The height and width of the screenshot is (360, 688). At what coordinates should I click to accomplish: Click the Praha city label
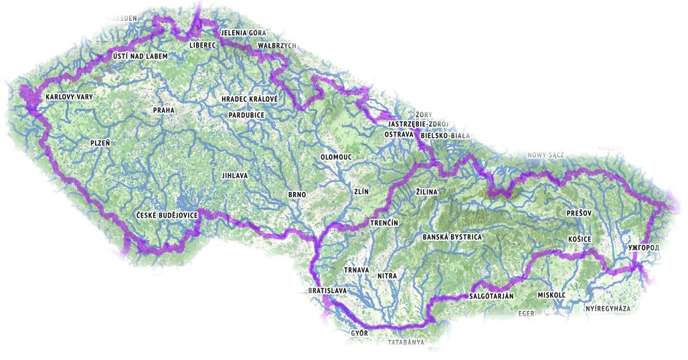164,110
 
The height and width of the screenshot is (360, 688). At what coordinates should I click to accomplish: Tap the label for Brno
296,195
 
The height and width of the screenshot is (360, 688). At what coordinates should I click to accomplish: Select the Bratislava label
327,292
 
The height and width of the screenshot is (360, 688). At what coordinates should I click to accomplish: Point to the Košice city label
579,238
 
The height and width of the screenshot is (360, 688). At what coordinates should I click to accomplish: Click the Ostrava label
398,134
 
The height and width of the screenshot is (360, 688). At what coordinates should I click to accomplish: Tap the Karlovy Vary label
70,97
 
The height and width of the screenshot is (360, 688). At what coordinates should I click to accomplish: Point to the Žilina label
426,192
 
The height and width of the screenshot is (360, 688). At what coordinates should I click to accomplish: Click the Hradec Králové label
249,99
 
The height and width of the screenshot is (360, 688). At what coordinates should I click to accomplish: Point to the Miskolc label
551,295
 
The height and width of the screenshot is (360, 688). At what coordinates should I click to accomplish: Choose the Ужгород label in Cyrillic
644,248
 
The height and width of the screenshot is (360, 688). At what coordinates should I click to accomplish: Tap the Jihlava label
235,176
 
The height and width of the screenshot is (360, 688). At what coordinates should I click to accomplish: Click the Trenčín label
384,222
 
